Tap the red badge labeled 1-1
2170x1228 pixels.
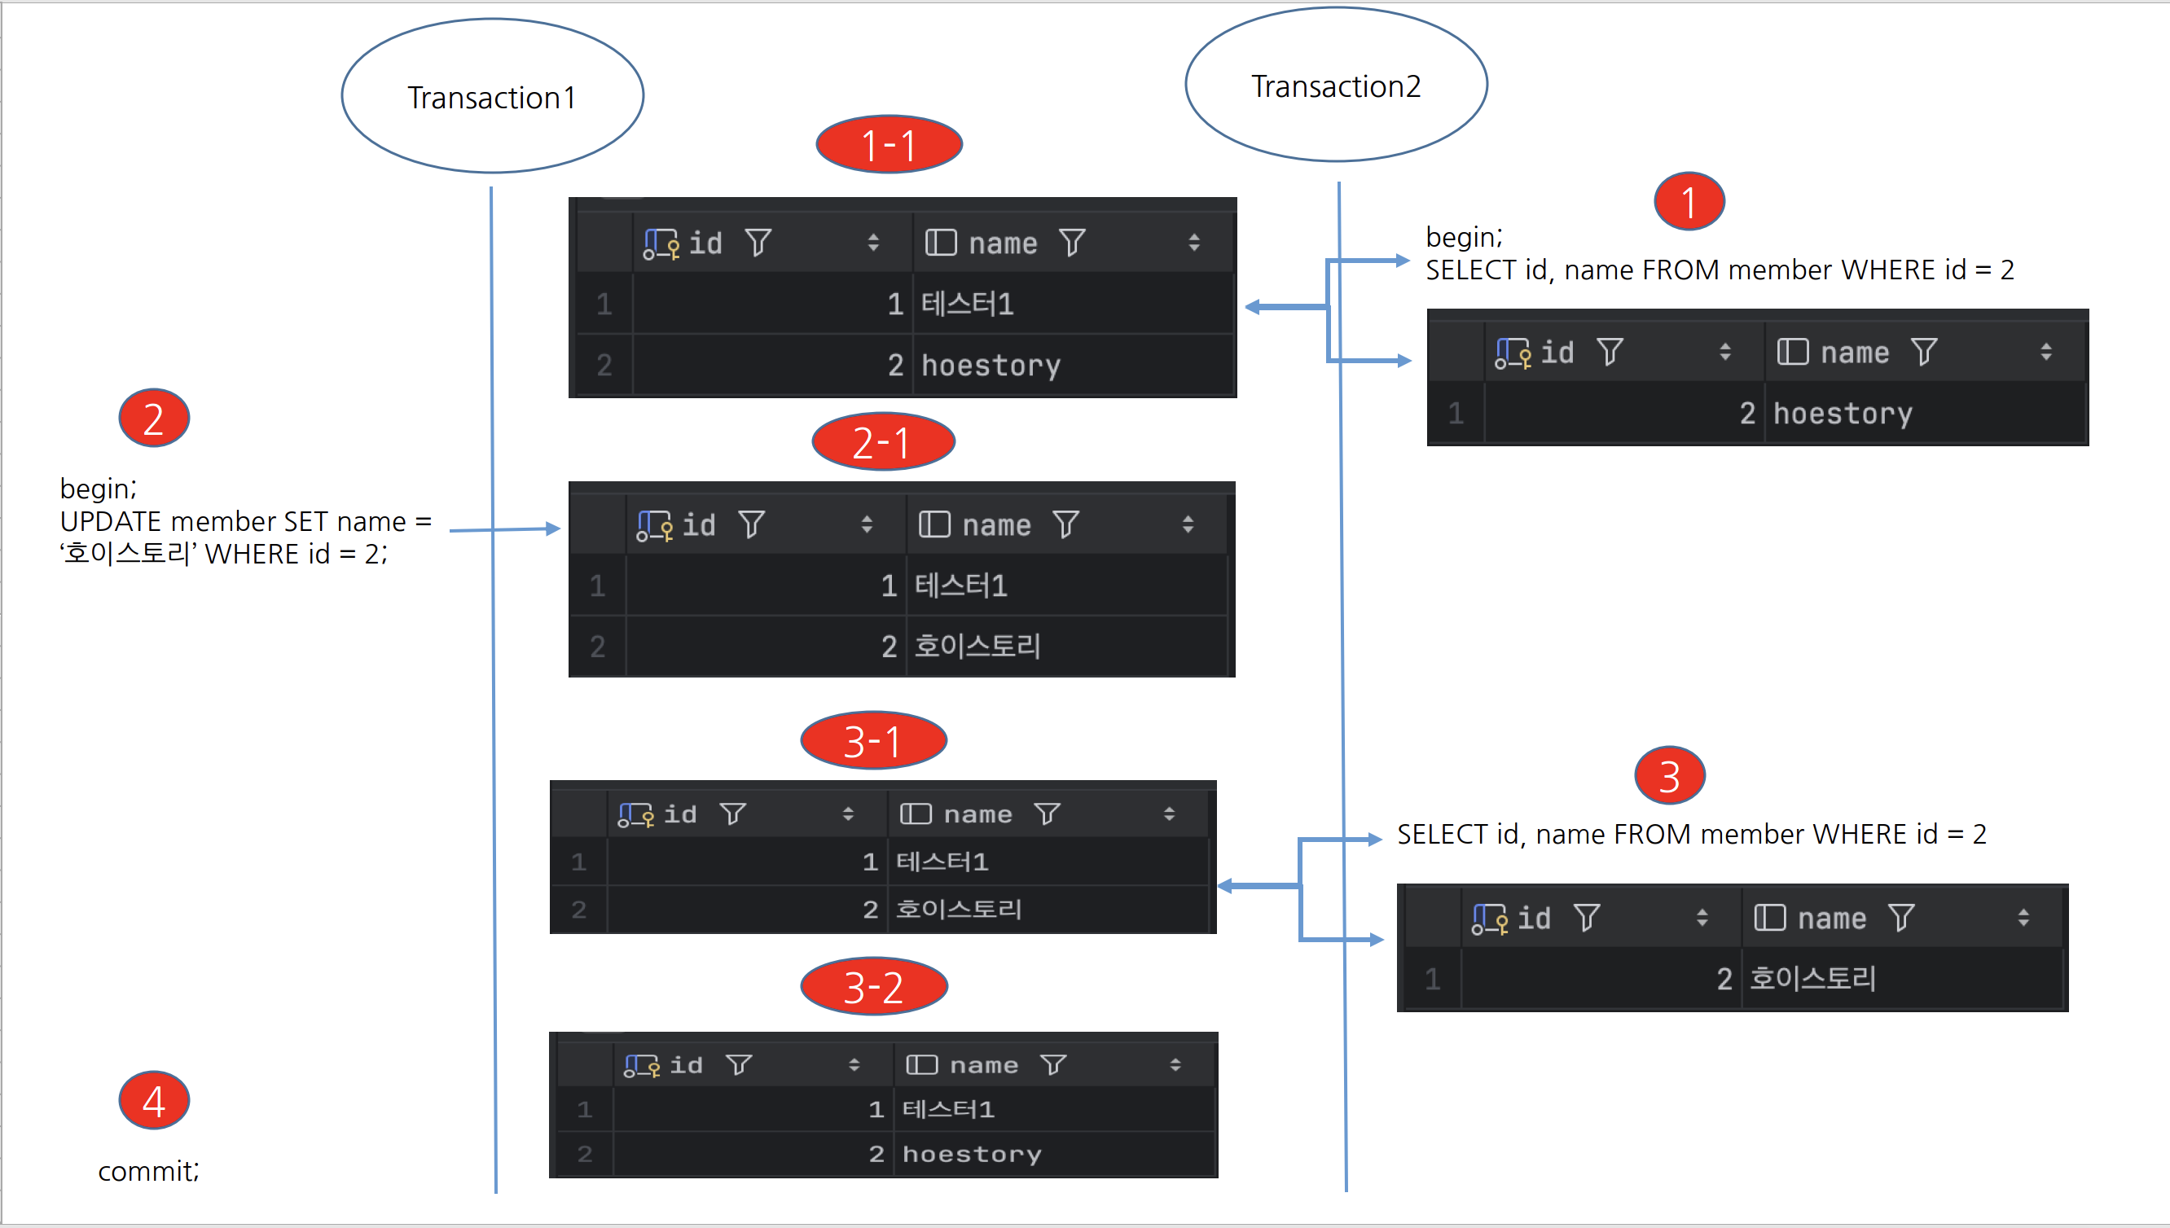coord(889,145)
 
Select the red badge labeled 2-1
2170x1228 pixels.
coord(883,442)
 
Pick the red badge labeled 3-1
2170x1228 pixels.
coord(874,740)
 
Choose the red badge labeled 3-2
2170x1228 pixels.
coord(874,987)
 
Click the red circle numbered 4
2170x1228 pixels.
coord(153,1101)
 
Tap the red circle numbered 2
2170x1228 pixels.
coord(153,419)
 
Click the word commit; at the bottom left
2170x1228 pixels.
coord(148,1171)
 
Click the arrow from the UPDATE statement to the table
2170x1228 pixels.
coord(504,529)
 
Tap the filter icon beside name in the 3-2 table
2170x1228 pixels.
coord(1053,1065)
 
